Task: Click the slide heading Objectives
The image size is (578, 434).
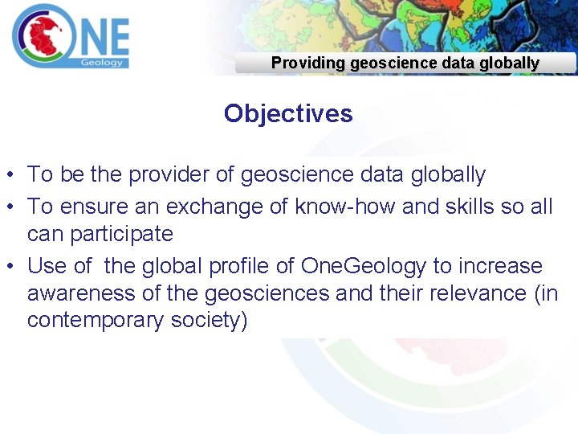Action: pyautogui.click(x=288, y=113)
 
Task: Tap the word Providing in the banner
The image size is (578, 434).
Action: pyautogui.click(x=307, y=63)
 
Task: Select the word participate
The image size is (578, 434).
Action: pyautogui.click(x=100, y=234)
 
